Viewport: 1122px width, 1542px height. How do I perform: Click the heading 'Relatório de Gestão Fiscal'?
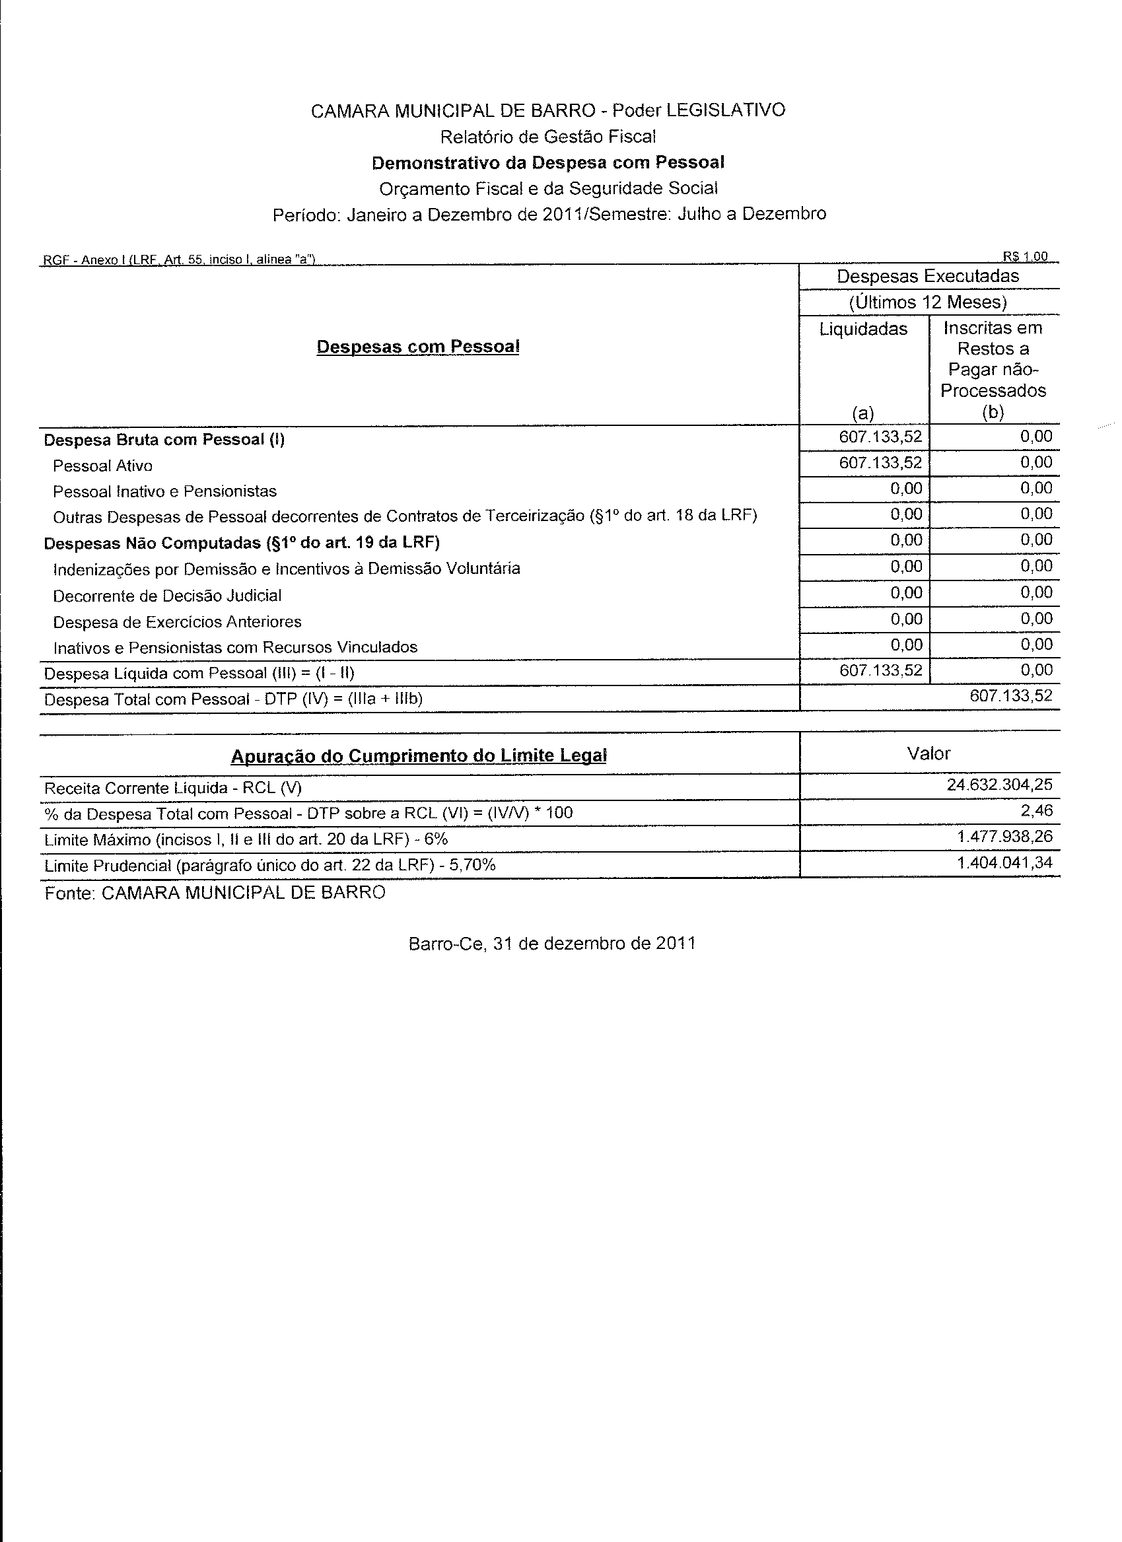click(x=547, y=137)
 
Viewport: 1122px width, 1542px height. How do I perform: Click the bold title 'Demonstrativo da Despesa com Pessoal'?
click(x=547, y=162)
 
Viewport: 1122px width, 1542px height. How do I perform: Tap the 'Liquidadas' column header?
click(x=863, y=329)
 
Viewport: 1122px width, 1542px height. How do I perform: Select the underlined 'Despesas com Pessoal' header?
click(x=417, y=347)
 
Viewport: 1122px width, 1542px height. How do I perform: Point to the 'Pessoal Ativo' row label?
click(x=102, y=466)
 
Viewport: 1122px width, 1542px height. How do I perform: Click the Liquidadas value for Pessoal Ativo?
click(x=880, y=463)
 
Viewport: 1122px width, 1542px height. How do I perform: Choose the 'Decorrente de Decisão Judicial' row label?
click(x=166, y=596)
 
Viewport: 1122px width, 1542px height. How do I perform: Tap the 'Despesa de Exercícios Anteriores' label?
click(x=177, y=621)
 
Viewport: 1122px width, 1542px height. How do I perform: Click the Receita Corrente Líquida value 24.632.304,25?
click(x=999, y=785)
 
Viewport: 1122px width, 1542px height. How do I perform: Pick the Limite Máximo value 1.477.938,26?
click(x=1004, y=836)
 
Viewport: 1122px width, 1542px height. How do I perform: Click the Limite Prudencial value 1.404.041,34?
click(x=1004, y=862)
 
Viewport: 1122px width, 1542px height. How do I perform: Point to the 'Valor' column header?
click(x=929, y=753)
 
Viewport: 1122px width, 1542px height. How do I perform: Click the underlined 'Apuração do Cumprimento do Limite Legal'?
click(x=418, y=755)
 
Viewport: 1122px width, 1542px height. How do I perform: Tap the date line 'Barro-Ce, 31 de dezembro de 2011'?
click(x=552, y=944)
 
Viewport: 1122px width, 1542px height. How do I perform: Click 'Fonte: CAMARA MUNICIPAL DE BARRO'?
click(x=215, y=893)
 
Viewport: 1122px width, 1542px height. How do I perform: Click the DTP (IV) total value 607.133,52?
click(x=1010, y=695)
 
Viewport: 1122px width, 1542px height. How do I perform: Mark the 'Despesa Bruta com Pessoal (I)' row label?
click(x=164, y=440)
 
